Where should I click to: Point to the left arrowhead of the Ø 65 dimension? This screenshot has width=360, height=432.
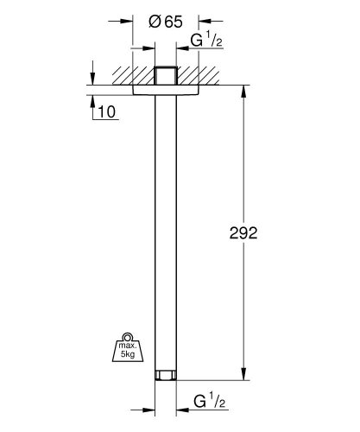(x=129, y=18)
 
